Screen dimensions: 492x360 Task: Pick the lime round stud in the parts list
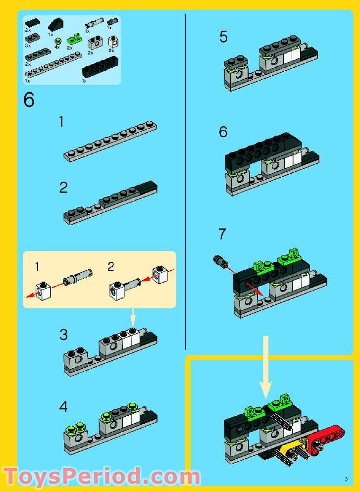tap(59, 41)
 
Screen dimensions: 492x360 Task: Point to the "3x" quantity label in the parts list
tap(28, 45)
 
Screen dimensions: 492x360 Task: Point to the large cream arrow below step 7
tap(266, 366)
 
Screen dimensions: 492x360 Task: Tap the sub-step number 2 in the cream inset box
tap(111, 266)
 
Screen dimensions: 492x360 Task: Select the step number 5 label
tap(223, 37)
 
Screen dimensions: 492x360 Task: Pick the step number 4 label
tap(63, 407)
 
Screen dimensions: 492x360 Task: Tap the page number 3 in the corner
tap(346, 478)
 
